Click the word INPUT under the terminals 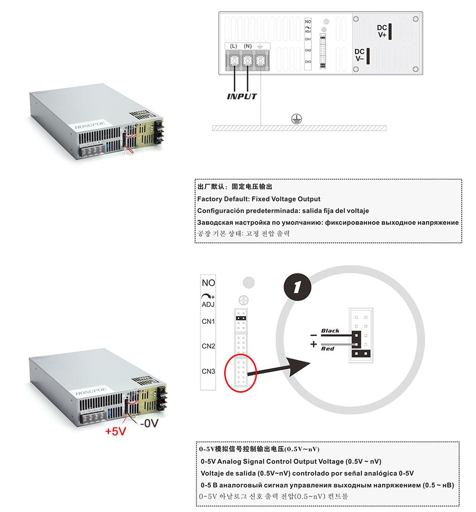pos(241,97)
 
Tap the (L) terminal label pos(233,46)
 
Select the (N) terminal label pos(248,46)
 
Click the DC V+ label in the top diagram pos(382,31)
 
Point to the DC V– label pos(359,55)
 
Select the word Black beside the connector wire pos(330,330)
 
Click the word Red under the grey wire pos(327,349)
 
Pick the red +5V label pos(115,432)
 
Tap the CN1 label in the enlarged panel pos(208,321)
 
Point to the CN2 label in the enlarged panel pos(208,346)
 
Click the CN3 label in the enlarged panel pos(208,371)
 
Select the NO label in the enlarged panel pos(208,283)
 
